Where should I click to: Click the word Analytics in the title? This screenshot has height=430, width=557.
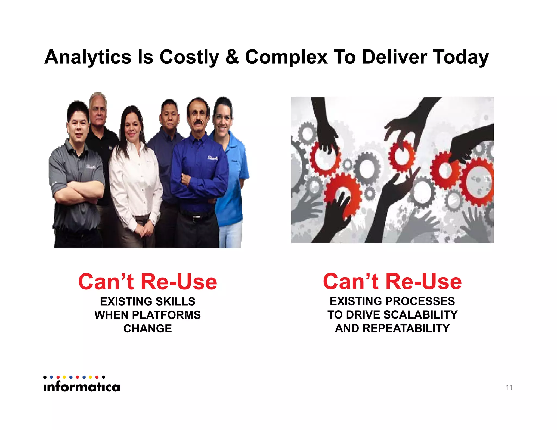(x=88, y=57)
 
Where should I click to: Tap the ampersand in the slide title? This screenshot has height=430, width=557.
(x=232, y=57)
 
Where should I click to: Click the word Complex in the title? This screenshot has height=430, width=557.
(x=286, y=57)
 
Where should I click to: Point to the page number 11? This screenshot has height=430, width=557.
(x=509, y=387)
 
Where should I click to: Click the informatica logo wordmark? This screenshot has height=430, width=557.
(x=82, y=386)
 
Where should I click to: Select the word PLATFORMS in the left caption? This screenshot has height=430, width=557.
(x=166, y=315)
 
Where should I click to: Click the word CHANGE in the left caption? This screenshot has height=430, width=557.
(x=147, y=329)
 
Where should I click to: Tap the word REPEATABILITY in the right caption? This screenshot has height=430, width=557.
(x=406, y=328)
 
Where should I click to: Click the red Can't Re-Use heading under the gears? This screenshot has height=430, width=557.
(x=392, y=282)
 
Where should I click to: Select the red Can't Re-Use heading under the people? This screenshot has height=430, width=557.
(x=147, y=282)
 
